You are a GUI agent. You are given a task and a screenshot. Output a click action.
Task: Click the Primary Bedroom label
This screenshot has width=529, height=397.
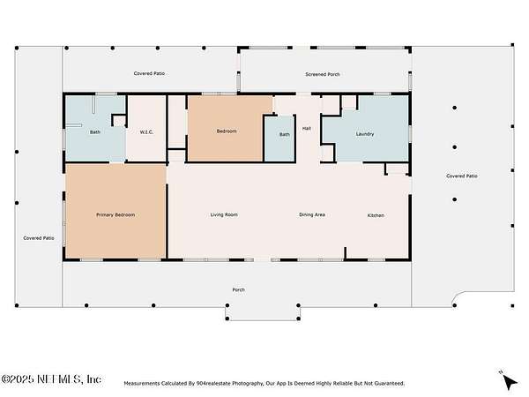coord(115,214)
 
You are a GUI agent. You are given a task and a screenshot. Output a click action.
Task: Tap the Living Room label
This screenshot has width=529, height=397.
coord(224,214)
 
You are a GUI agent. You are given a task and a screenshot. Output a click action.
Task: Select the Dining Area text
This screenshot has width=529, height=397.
coord(312,214)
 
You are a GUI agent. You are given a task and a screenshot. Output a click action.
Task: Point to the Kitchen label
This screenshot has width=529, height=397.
coord(376,215)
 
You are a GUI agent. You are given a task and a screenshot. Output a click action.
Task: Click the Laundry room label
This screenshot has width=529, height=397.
coord(365,134)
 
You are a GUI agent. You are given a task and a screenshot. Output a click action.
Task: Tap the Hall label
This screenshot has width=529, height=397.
coord(306,128)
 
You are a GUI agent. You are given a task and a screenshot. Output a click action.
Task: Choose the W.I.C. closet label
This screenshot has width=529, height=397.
coord(146,132)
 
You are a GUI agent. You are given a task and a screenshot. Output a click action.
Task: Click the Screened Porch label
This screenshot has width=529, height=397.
coord(322,74)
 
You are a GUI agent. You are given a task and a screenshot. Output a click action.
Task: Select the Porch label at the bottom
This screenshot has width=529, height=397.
coord(239,289)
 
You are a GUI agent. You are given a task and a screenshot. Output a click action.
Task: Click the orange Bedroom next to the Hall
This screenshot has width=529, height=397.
coord(227,131)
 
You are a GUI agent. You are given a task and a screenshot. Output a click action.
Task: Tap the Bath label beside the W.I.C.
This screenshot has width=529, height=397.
coord(95,132)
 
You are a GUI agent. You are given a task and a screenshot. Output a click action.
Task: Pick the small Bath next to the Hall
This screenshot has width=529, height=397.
coord(285,134)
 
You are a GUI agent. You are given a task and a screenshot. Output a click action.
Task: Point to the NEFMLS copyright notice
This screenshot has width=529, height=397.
coord(50,379)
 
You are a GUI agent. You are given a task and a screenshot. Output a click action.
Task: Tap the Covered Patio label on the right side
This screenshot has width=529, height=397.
coord(461,176)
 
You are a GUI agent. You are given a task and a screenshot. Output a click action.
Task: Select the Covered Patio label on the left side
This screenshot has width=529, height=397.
coord(39,238)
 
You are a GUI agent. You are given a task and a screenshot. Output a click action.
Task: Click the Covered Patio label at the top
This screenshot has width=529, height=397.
coord(149,73)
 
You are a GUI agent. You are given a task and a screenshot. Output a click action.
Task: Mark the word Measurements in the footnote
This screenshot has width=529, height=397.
coord(141,384)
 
